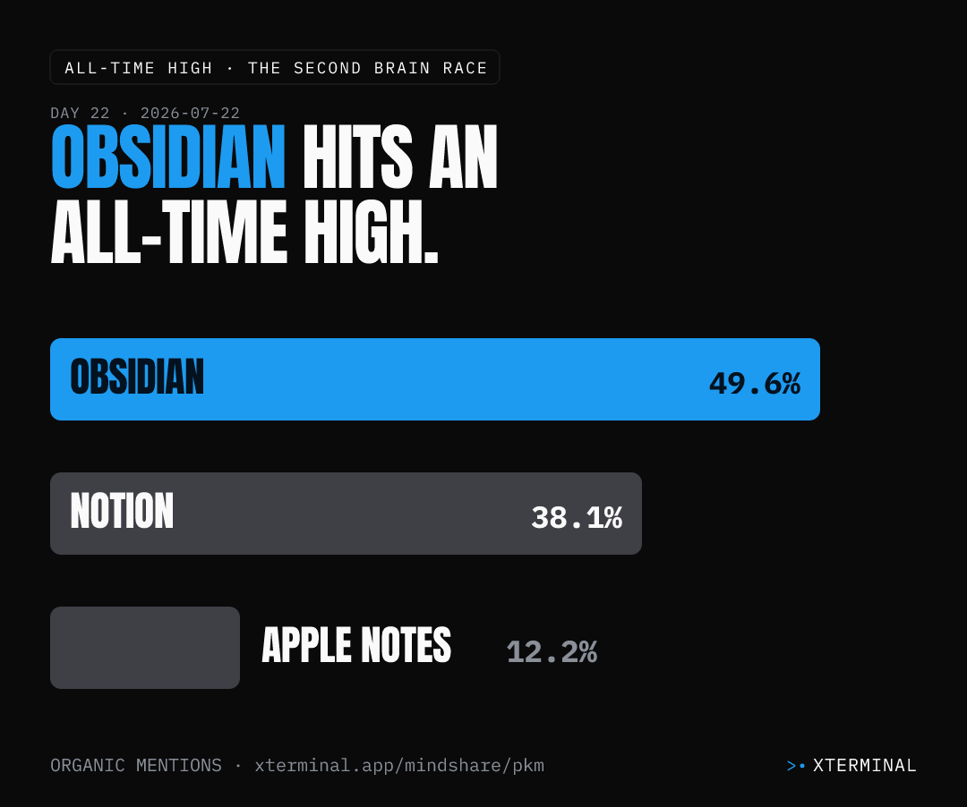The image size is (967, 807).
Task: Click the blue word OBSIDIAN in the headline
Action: (167, 157)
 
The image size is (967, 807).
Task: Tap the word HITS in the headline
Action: (357, 157)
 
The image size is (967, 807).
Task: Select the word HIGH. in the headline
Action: (372, 233)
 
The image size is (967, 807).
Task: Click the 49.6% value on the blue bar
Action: (755, 383)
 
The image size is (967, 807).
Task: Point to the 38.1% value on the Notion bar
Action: (577, 517)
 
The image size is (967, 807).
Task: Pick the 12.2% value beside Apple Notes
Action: (552, 651)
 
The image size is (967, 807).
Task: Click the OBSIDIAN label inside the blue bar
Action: (137, 377)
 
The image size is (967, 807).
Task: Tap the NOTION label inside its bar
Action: (122, 511)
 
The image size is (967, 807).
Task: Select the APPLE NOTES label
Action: (356, 645)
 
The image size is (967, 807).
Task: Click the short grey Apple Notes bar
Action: (145, 648)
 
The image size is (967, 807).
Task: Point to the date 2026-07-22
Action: (190, 114)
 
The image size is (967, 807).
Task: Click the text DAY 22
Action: (81, 114)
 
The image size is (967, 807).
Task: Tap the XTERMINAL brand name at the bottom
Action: (865, 765)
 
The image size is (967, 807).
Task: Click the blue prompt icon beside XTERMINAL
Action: (796, 766)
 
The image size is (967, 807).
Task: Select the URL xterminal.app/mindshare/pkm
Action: (399, 766)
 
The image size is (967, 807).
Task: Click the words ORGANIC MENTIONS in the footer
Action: (136, 765)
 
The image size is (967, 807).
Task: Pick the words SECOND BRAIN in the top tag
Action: (362, 68)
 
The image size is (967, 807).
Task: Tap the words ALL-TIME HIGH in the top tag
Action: (139, 68)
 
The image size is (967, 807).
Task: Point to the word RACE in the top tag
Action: (465, 68)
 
